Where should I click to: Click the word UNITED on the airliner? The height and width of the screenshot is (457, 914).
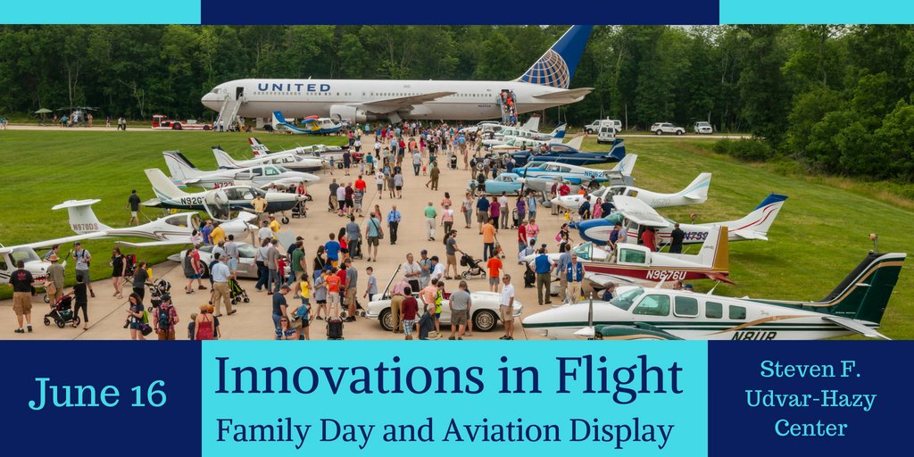pyautogui.click(x=294, y=87)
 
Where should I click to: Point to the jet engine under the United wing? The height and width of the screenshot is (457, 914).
pyautogui.click(x=349, y=113)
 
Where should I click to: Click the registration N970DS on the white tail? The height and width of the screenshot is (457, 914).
pyautogui.click(x=85, y=227)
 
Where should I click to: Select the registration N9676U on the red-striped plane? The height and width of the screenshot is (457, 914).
pyautogui.click(x=666, y=275)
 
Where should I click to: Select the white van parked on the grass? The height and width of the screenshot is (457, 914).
pyautogui.click(x=606, y=132)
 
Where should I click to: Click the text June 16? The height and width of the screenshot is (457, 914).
pyautogui.click(x=97, y=393)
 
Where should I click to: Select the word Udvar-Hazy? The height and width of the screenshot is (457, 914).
pyautogui.click(x=810, y=400)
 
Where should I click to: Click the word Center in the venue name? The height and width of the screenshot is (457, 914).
pyautogui.click(x=810, y=428)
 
